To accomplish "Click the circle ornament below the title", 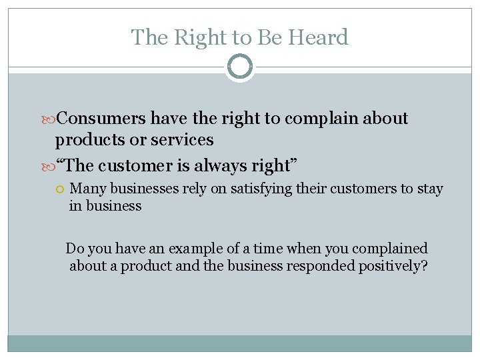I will (240, 67).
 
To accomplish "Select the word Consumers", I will (102, 119).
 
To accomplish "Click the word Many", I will (88, 189).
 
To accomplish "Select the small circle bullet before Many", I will (59, 189).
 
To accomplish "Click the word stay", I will (430, 189).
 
